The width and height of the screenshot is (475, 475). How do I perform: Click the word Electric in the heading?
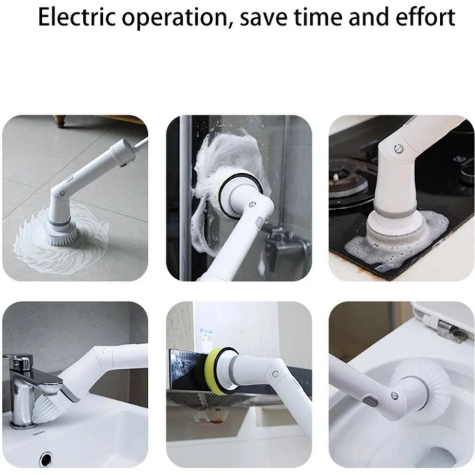77,17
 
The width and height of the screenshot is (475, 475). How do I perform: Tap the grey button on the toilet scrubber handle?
370,402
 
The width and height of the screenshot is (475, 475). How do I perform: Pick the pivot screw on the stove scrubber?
398,148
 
